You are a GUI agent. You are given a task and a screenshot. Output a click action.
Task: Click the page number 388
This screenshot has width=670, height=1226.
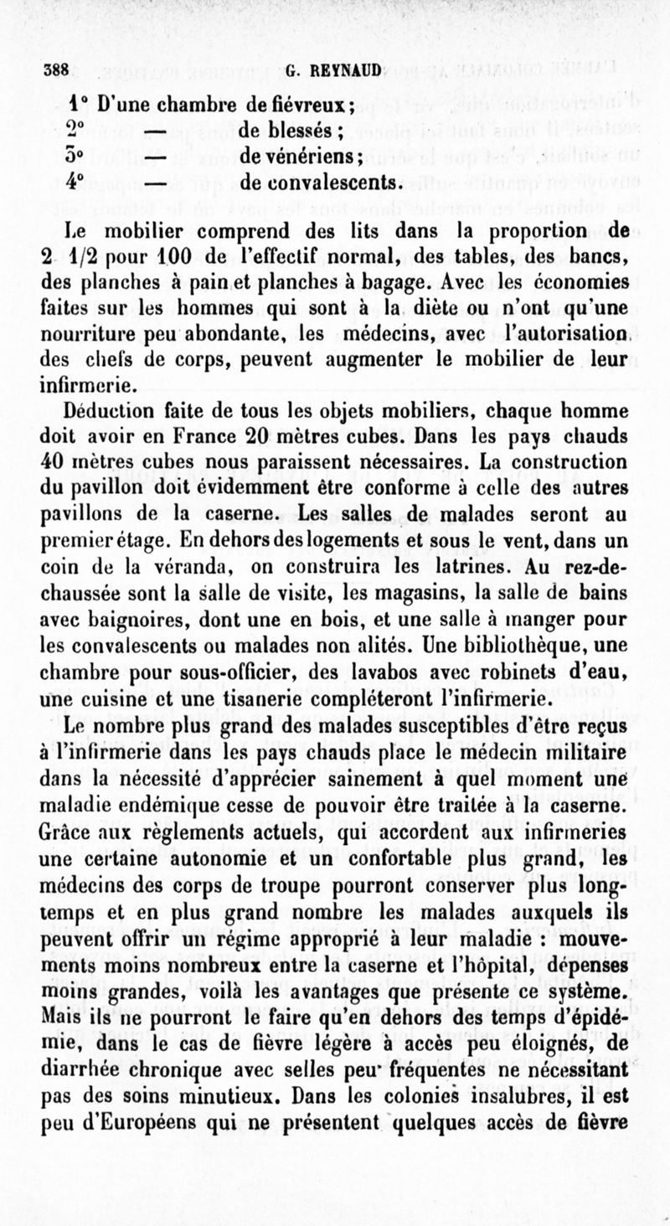pos(55,71)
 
